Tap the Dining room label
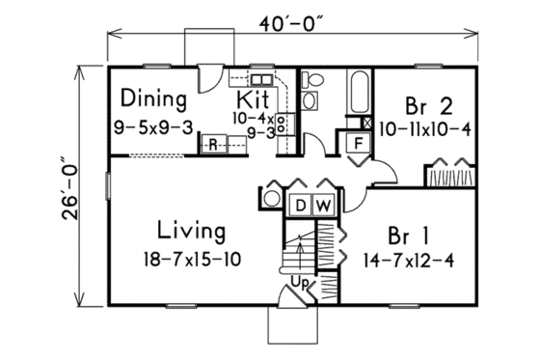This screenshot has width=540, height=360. click(153, 98)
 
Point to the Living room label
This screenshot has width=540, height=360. click(192, 232)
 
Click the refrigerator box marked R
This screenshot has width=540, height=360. click(213, 144)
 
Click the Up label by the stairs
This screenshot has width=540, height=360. click(299, 282)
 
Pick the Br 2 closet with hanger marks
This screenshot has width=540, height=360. click(450, 179)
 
